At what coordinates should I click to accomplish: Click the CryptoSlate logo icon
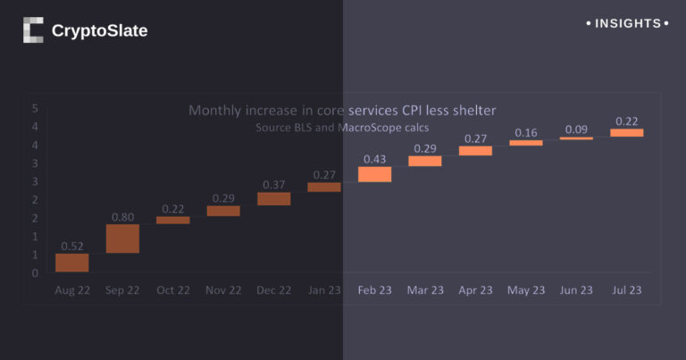pos(33,30)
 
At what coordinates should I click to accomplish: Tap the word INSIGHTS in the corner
pos(628,23)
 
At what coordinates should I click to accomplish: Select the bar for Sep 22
pos(122,239)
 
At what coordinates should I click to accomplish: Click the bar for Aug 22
pos(71,263)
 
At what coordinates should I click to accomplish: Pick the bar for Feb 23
pos(375,174)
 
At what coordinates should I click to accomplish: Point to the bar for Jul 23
pos(627,133)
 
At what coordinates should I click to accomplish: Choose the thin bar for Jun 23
pos(576,138)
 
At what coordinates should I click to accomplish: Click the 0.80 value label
pos(122,216)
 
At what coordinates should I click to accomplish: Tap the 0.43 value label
pos(375,159)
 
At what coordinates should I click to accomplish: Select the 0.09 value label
pos(576,130)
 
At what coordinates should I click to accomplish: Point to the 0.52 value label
pos(71,246)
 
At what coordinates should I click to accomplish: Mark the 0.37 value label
pos(274,185)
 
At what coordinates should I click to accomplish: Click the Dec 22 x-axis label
pos(274,290)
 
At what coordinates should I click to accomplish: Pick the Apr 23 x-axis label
pos(475,290)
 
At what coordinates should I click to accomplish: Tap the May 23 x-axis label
pos(526,290)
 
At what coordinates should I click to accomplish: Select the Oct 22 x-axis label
pos(172,290)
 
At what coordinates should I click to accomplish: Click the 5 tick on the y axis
pos(34,108)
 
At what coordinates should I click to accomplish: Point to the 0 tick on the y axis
pos(34,273)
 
